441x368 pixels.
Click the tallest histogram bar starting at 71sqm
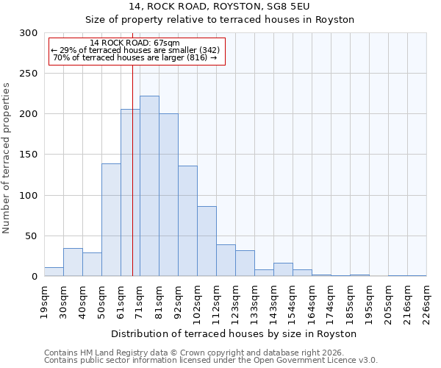tap(149, 186)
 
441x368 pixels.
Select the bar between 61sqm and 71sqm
tap(130, 193)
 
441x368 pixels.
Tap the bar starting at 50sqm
tap(111, 220)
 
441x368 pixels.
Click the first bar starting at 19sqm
tap(54, 272)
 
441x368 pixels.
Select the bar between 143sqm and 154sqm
tap(283, 270)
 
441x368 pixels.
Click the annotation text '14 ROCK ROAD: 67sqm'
tap(135, 43)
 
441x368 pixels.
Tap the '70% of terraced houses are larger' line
tap(135, 57)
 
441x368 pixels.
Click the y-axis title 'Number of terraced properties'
tap(7, 158)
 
